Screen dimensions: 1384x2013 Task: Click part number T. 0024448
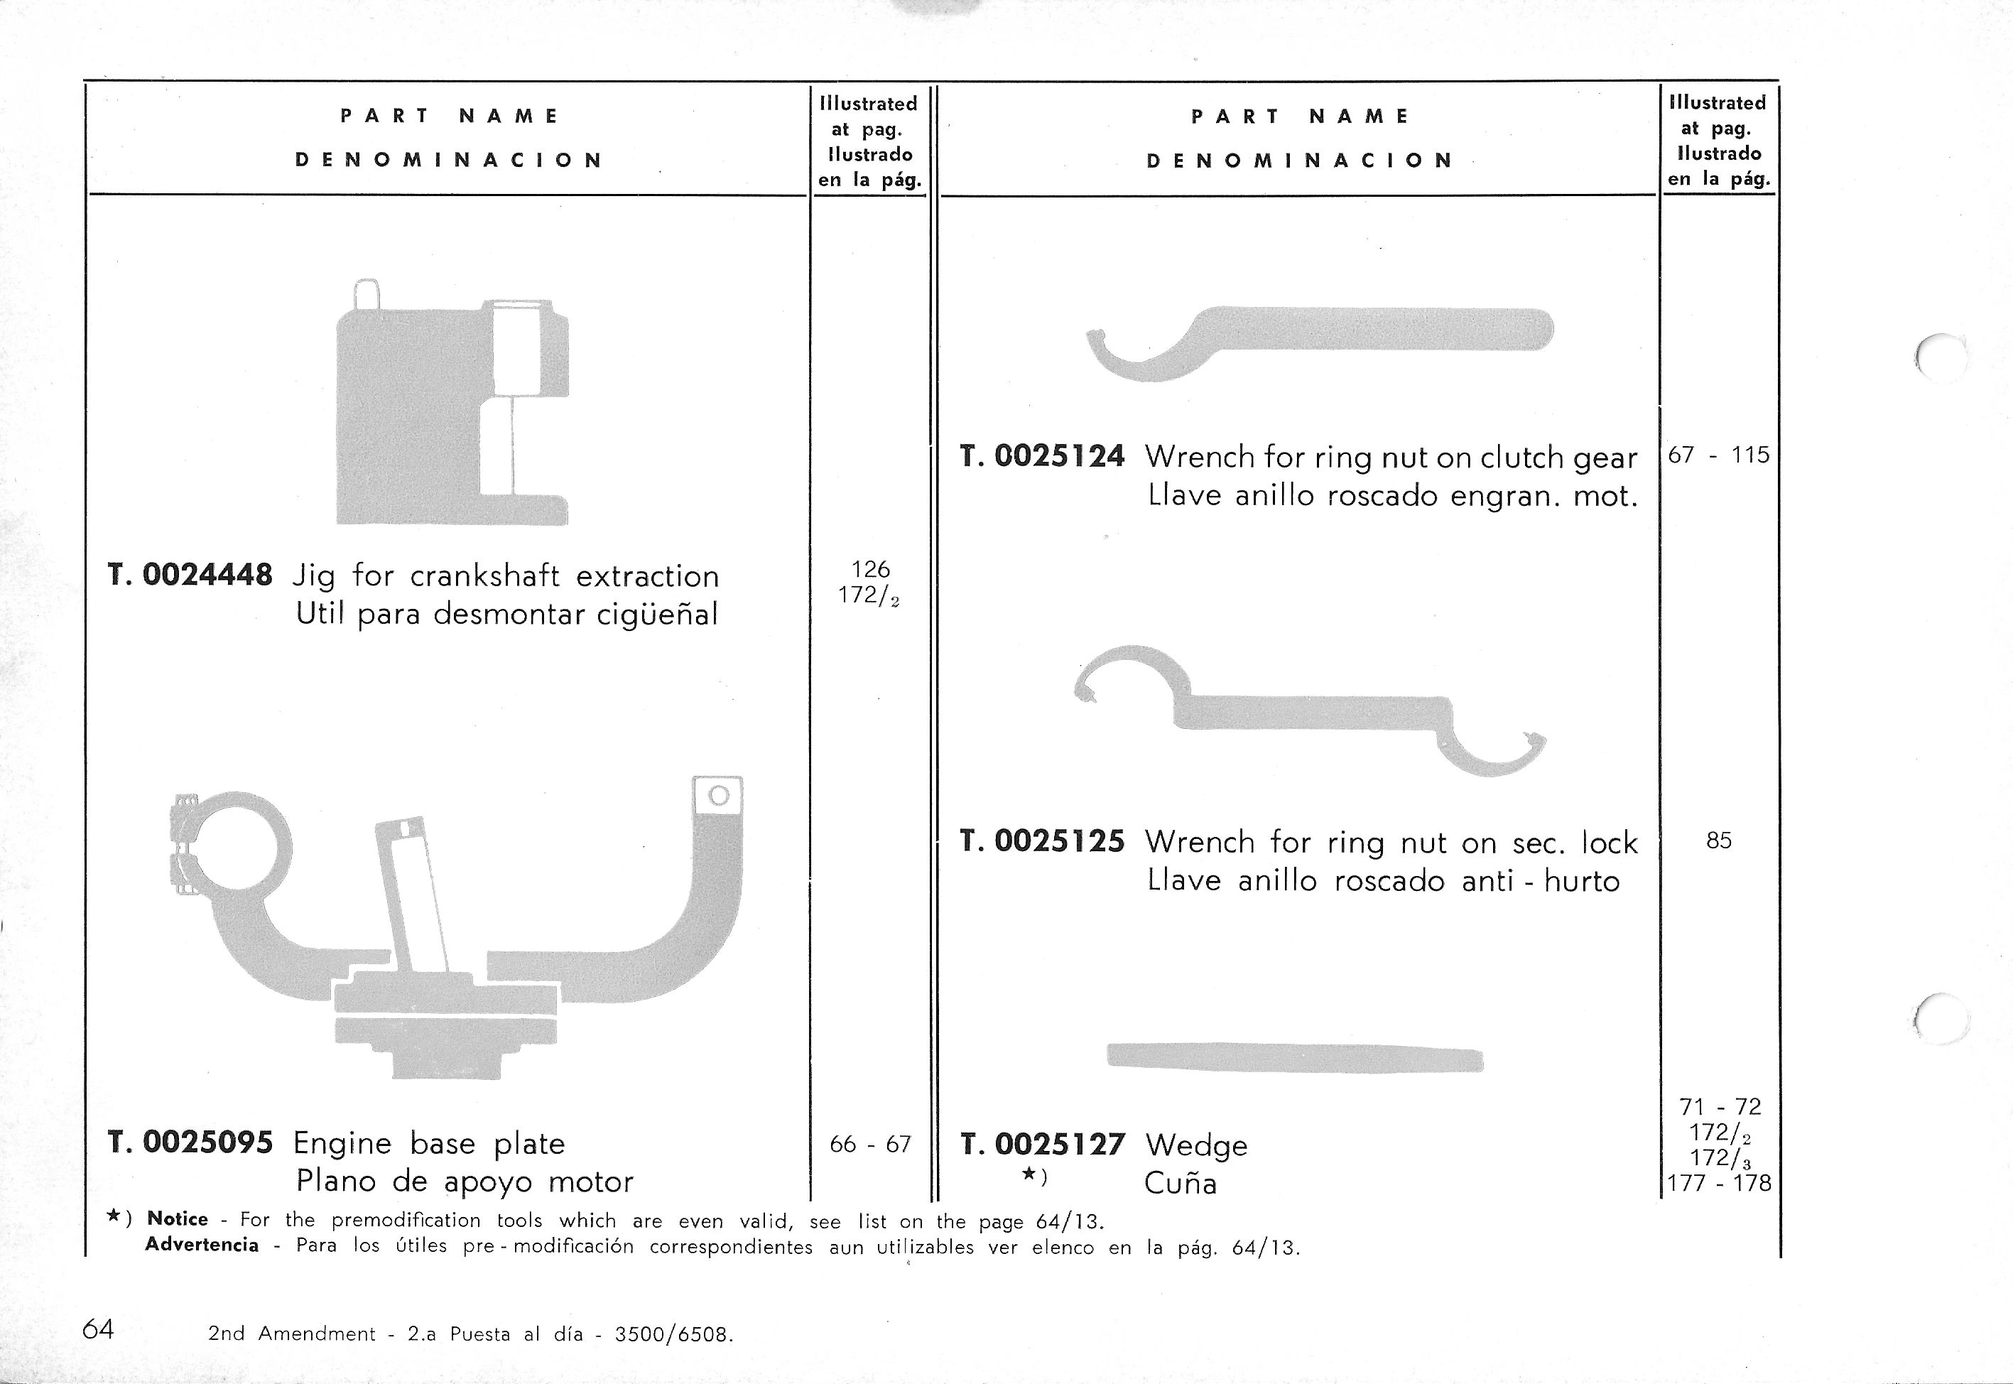tap(190, 575)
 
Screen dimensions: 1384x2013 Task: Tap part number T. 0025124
tap(1042, 456)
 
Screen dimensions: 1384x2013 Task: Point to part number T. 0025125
tap(1042, 841)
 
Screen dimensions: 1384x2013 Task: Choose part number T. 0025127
tap(1042, 1145)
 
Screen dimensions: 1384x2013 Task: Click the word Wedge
tap(1195, 1145)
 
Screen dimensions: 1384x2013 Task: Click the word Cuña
tap(1180, 1184)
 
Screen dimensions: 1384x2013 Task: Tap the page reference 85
tap(1718, 840)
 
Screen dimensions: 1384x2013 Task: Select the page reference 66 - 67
tap(869, 1144)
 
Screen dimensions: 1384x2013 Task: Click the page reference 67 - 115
tap(1718, 455)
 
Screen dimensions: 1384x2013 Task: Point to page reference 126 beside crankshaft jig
tap(870, 569)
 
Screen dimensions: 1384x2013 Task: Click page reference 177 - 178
tap(1718, 1183)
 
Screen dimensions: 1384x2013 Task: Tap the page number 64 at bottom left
tap(98, 1329)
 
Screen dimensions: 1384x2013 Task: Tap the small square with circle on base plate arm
tap(718, 795)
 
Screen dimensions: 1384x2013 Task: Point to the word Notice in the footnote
tap(178, 1218)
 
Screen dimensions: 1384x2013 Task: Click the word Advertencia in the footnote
tap(202, 1244)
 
